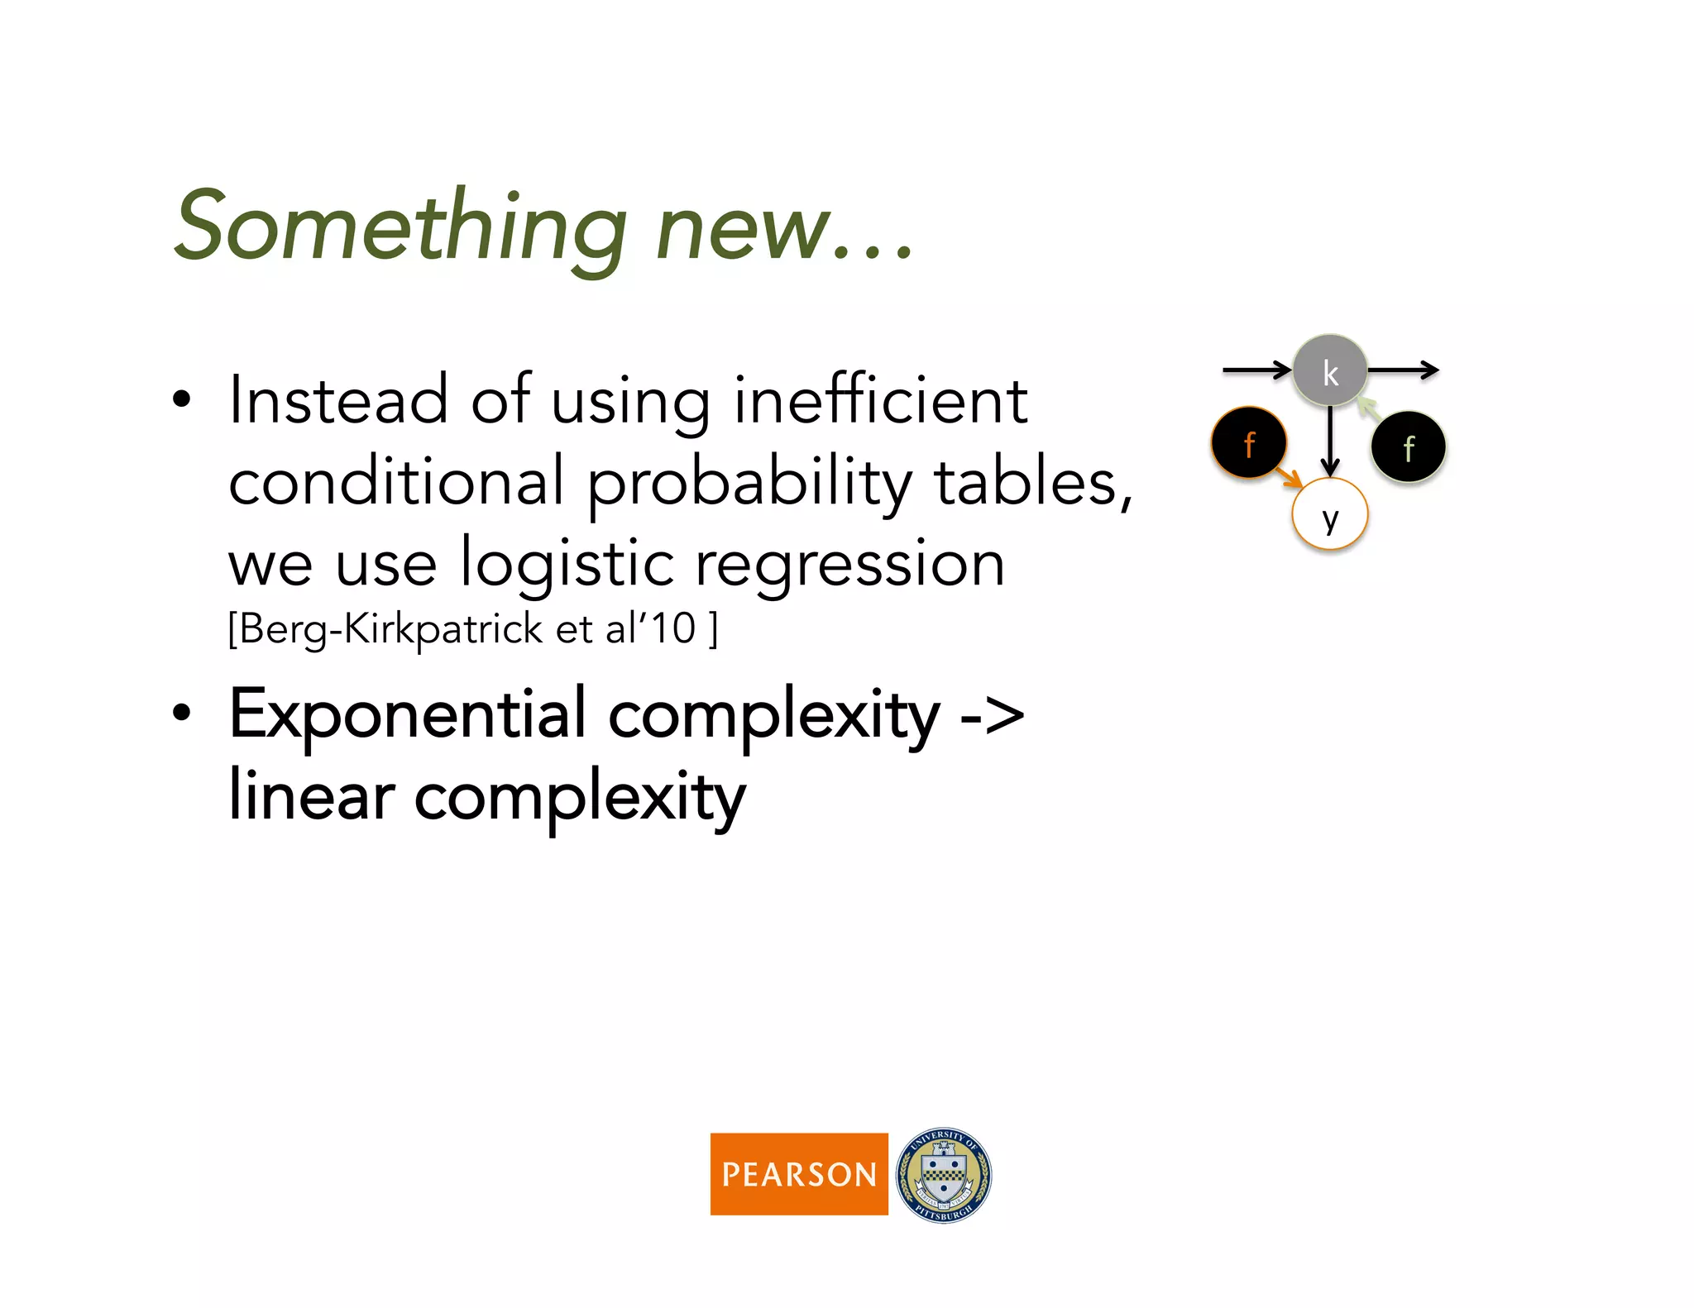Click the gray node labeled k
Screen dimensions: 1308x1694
click(1329, 371)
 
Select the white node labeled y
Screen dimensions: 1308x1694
click(1329, 515)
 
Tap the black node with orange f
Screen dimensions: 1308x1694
click(1248, 443)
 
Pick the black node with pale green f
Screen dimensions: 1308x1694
click(1408, 447)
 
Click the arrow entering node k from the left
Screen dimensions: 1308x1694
click(1256, 370)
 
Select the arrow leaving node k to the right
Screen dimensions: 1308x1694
click(1403, 370)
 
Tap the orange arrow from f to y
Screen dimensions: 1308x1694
click(1289, 477)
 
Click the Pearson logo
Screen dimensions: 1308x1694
click(798, 1173)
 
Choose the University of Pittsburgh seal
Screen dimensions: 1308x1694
click(944, 1175)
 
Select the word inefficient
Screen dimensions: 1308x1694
click(880, 402)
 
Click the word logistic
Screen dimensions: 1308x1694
click(567, 566)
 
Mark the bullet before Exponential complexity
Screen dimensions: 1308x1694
click(182, 714)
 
